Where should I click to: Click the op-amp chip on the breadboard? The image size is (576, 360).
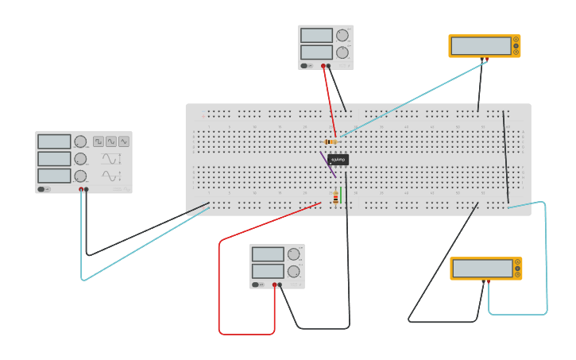(338, 160)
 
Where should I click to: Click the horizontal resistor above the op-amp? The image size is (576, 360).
(332, 141)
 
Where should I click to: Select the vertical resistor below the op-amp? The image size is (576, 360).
(336, 198)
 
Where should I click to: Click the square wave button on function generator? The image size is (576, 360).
(99, 141)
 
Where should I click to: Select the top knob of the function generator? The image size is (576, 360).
(80, 141)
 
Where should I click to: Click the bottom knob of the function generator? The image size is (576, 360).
(80, 176)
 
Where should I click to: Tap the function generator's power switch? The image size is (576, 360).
(44, 189)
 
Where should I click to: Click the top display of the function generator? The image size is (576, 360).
(54, 141)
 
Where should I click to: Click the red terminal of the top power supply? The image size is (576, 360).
(323, 66)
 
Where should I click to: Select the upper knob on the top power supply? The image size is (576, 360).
(342, 35)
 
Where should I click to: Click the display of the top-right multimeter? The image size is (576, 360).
(481, 46)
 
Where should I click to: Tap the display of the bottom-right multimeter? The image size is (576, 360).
(482, 269)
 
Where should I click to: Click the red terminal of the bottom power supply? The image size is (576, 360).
(275, 285)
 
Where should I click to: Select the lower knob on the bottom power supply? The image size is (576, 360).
(294, 271)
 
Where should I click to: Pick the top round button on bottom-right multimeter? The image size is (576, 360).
(517, 261)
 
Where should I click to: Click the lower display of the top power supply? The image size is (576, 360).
(316, 52)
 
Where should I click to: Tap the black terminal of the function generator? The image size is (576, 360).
(87, 190)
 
